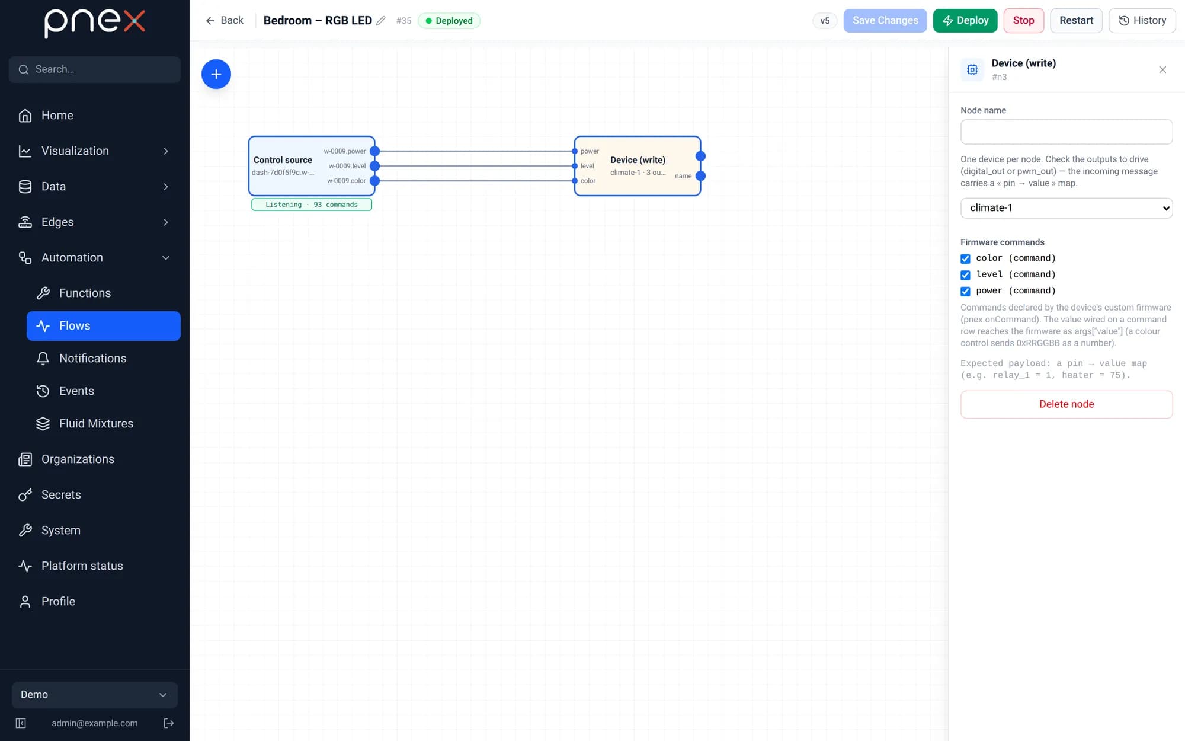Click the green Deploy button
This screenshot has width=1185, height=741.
tap(965, 21)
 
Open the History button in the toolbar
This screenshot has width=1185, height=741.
tap(1142, 21)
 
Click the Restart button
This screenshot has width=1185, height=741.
tap(1076, 21)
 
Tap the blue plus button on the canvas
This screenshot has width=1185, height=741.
tap(216, 74)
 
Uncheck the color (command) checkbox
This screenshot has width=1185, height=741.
tap(965, 258)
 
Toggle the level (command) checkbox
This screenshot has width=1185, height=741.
tap(965, 275)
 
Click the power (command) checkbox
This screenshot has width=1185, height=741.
tap(965, 291)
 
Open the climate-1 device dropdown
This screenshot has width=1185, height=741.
tap(1066, 208)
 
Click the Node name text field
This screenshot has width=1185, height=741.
tap(1066, 132)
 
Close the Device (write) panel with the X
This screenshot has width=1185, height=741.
tap(1162, 70)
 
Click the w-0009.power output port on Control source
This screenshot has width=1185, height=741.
tap(374, 151)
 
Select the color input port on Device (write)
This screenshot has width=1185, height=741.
tap(575, 181)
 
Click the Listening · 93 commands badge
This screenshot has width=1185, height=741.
tap(312, 205)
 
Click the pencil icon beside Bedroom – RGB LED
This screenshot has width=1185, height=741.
tap(381, 21)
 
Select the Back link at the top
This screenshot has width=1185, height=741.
tap(225, 21)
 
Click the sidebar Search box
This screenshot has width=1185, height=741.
tap(95, 69)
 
